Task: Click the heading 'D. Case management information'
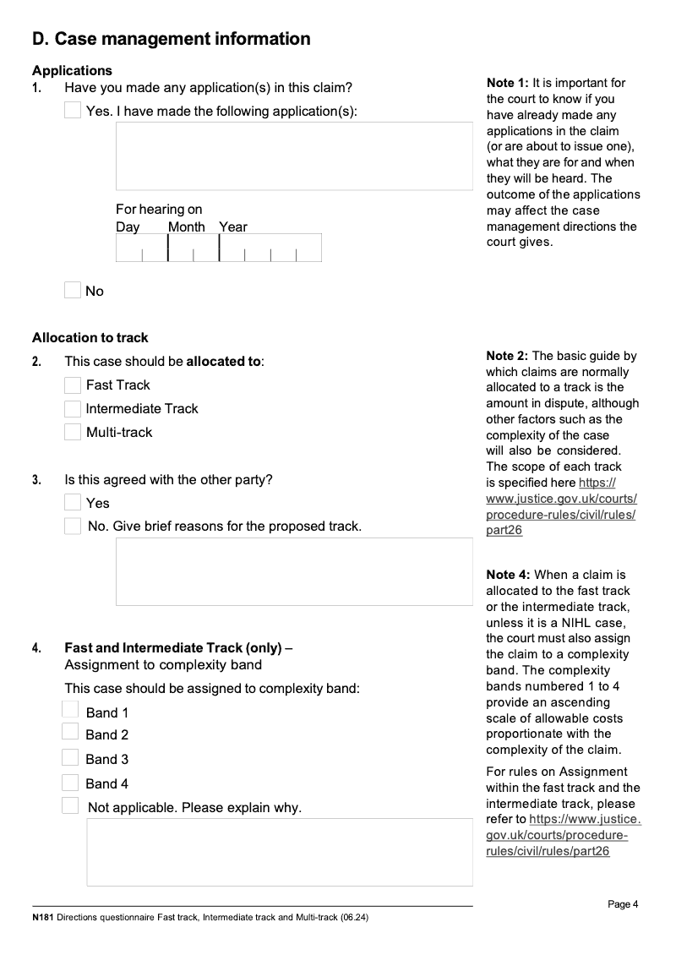click(x=171, y=39)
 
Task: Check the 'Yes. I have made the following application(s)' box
click(x=74, y=111)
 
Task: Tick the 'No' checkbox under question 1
click(x=74, y=291)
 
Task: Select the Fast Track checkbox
click(x=74, y=385)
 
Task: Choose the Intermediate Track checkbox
click(x=74, y=409)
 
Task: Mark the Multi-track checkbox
click(x=74, y=433)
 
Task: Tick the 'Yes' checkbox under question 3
click(x=74, y=503)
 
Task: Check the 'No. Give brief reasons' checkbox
click(x=74, y=527)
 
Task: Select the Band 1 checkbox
click(x=70, y=710)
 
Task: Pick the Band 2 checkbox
click(x=70, y=732)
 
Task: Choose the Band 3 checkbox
click(x=70, y=757)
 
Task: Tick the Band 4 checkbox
click(x=70, y=783)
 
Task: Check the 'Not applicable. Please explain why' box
click(x=70, y=805)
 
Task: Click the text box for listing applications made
click(x=294, y=156)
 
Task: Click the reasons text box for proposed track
click(x=294, y=571)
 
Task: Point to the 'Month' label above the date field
click(x=186, y=226)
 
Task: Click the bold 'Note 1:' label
click(x=507, y=83)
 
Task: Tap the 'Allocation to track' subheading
click(x=90, y=338)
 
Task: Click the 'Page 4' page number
click(x=623, y=904)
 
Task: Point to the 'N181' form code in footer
click(x=42, y=917)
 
